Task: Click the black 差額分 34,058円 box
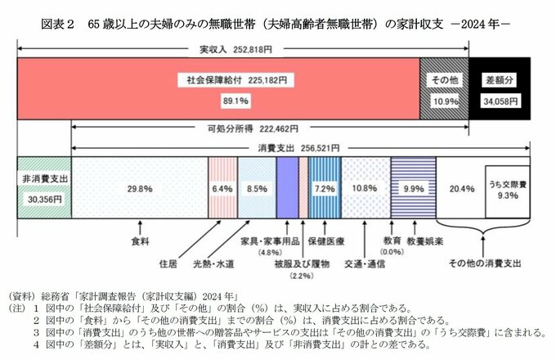pyautogui.click(x=499, y=90)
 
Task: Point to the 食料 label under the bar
pyautogui.click(x=141, y=242)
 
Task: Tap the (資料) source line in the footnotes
pyautogui.click(x=123, y=295)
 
